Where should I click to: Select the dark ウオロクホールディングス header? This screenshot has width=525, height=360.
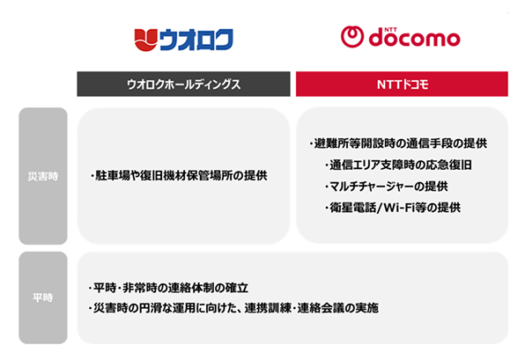tap(183, 84)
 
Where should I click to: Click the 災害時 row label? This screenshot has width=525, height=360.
tap(42, 175)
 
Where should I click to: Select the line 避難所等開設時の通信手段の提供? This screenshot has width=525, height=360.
tap(398, 143)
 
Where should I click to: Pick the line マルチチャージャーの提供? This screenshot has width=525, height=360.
tap(386, 186)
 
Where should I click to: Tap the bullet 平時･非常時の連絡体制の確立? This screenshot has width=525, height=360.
tap(168, 288)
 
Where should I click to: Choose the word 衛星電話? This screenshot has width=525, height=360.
tap(350, 208)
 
